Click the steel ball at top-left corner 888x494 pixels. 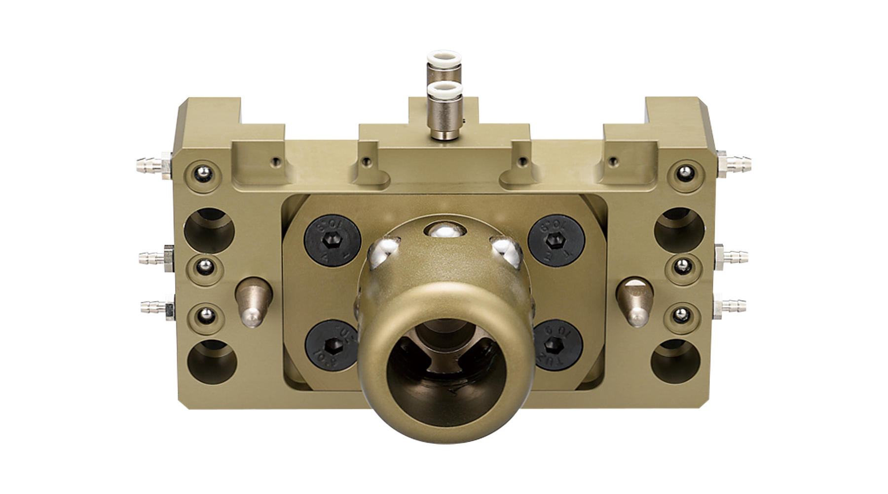(x=201, y=172)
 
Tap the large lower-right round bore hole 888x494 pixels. (x=677, y=364)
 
